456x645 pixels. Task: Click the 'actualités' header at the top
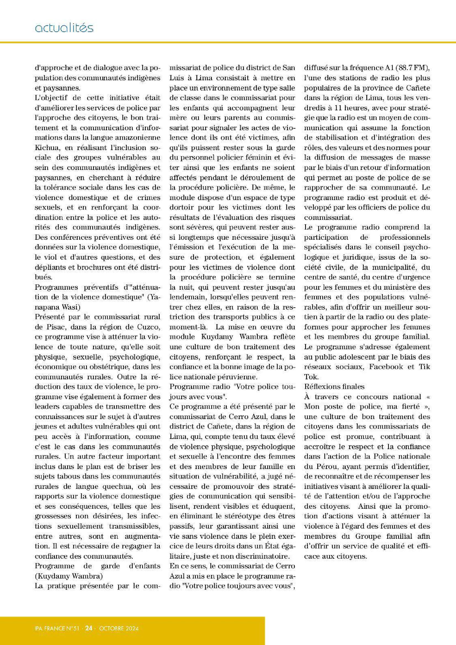click(x=64, y=28)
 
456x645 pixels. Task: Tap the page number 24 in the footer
click(x=89, y=628)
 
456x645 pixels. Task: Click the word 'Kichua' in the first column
click(x=45, y=148)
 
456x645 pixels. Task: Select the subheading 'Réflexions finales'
click(x=334, y=387)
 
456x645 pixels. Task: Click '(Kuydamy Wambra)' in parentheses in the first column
click(x=69, y=576)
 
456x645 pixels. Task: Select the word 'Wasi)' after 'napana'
click(x=72, y=307)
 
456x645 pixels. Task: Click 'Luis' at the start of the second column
click(x=177, y=78)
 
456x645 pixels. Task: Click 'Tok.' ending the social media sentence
click(x=311, y=377)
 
